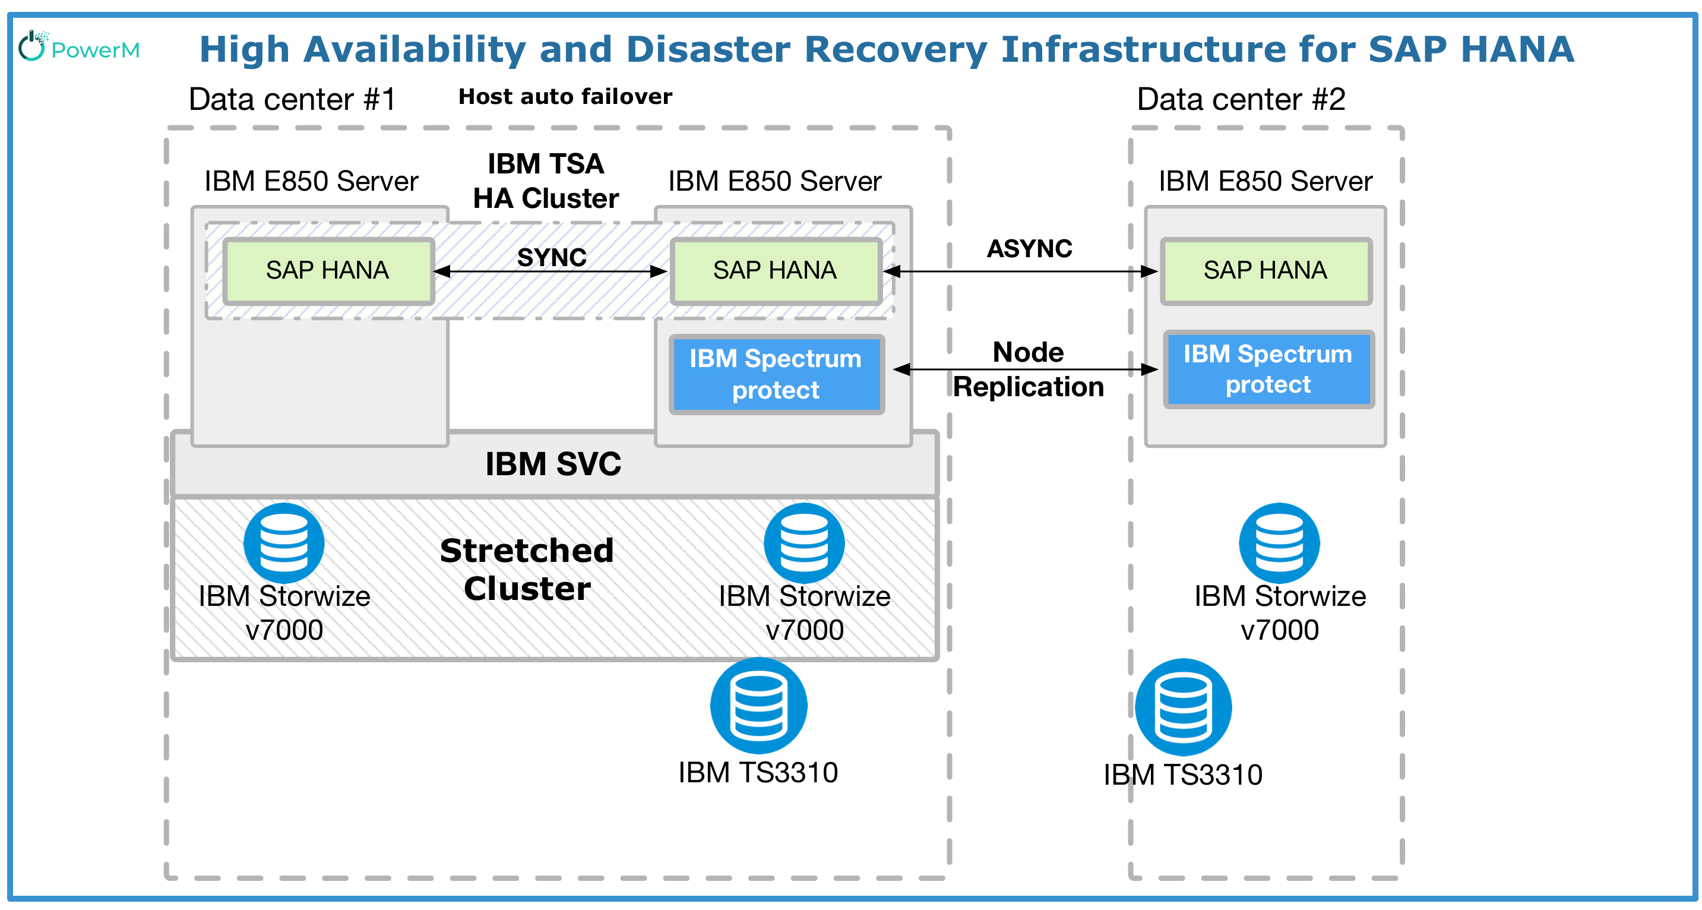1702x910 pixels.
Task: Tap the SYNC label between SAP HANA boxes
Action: (552, 257)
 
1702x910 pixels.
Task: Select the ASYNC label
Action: (1029, 248)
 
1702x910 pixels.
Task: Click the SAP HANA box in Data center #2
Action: (1266, 271)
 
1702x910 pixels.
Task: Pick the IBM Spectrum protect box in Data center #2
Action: (1268, 369)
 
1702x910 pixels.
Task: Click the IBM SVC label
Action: (553, 464)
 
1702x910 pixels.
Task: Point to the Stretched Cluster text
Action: (527, 569)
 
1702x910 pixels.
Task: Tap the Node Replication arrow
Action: (1024, 369)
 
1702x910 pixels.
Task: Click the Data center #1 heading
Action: (292, 100)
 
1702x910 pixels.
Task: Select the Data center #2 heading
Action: (1241, 100)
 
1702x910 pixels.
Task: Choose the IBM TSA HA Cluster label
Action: (546, 181)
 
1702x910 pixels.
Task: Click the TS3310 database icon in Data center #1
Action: (758, 706)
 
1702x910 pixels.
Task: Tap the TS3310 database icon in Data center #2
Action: (1183, 707)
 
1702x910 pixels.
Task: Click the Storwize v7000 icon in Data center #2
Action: (1279, 544)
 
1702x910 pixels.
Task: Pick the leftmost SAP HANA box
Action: (328, 271)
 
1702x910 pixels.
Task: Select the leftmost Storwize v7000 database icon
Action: (283, 544)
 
